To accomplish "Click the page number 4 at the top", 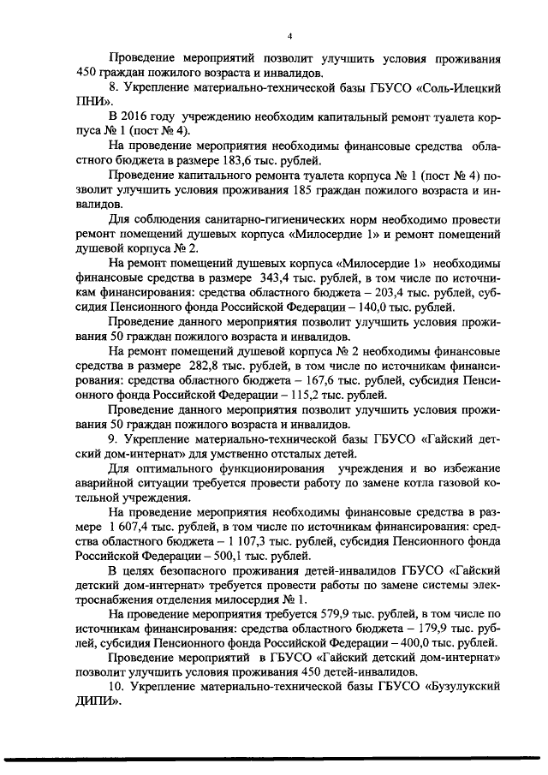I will coord(290,36).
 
